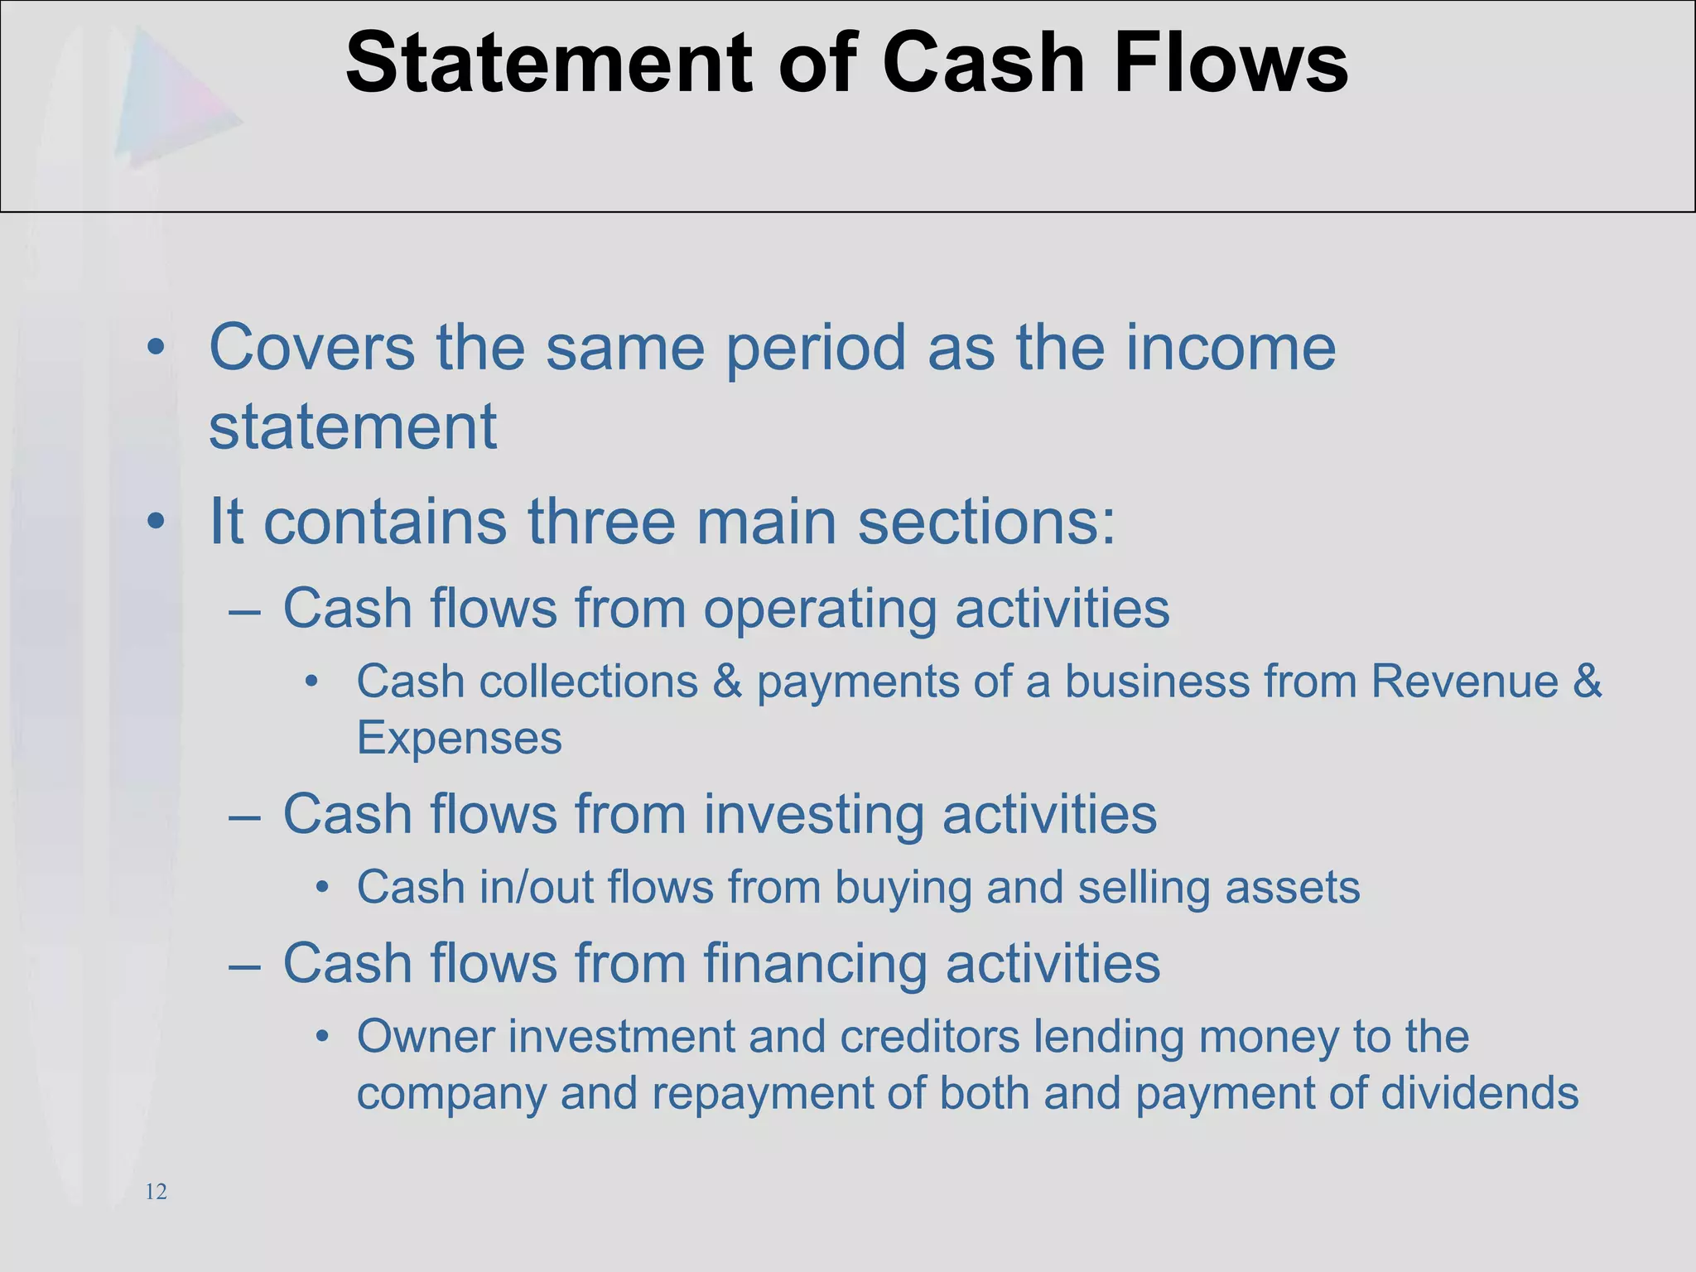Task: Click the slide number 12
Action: (156, 1192)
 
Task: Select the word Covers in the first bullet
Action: (312, 348)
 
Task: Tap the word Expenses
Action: (460, 738)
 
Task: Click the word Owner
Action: (425, 1036)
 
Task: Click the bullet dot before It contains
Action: (156, 522)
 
